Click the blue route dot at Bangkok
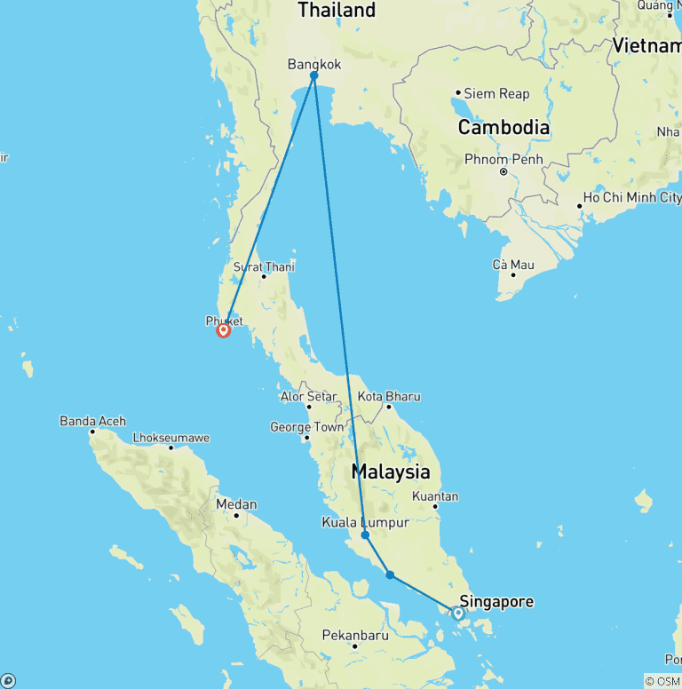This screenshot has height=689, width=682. click(x=314, y=75)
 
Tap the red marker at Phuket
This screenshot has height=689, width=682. click(x=223, y=330)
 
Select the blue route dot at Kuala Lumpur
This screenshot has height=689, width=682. click(x=365, y=535)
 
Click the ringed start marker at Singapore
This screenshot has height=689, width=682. click(x=458, y=613)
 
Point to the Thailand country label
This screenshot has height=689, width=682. click(x=337, y=11)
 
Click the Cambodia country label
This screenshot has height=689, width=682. click(x=504, y=127)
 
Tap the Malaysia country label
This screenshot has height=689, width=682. click(x=391, y=471)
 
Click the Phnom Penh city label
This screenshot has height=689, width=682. click(x=504, y=160)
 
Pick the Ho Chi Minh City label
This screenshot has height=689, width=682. click(x=632, y=197)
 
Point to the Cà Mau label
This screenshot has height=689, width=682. click(x=513, y=265)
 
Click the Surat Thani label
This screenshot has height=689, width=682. click(x=264, y=266)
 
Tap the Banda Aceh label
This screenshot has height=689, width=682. click(x=92, y=421)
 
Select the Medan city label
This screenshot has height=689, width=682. click(x=236, y=504)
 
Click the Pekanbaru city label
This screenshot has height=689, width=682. click(x=354, y=636)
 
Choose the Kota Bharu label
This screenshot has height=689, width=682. click(x=389, y=396)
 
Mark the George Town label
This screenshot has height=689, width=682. click(x=306, y=427)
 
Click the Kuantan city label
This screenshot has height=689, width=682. click(x=435, y=496)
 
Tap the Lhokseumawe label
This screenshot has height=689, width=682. click(x=170, y=438)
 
